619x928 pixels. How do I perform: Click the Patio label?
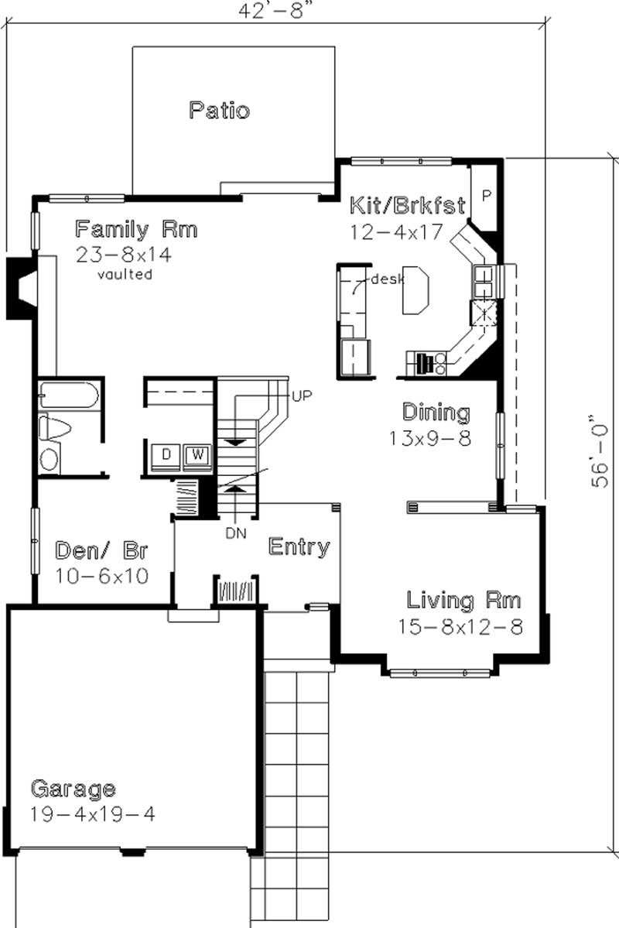(x=220, y=110)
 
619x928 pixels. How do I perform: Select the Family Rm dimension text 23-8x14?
(x=124, y=255)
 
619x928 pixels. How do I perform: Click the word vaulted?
(x=125, y=274)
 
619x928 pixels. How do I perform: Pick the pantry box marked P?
(x=486, y=195)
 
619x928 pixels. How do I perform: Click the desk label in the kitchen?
(x=387, y=279)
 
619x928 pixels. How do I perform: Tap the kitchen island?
(x=414, y=289)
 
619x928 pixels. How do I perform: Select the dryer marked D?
(x=166, y=454)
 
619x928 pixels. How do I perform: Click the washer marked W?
(x=197, y=454)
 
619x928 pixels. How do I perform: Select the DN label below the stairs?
(x=236, y=532)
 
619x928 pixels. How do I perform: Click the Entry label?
(x=299, y=547)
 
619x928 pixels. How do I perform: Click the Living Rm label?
(x=463, y=600)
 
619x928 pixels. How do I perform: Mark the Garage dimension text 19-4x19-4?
(x=93, y=814)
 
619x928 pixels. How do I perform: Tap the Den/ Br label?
(x=102, y=551)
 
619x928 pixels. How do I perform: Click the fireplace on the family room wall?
(x=20, y=286)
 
